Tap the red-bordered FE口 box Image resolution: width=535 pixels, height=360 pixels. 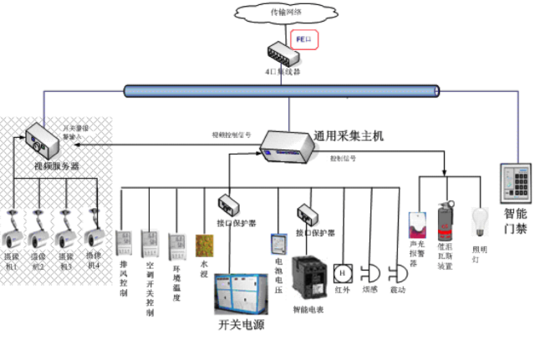[305, 40]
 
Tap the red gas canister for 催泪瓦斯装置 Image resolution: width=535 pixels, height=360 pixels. [445, 221]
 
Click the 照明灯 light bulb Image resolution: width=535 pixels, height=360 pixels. [480, 221]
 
